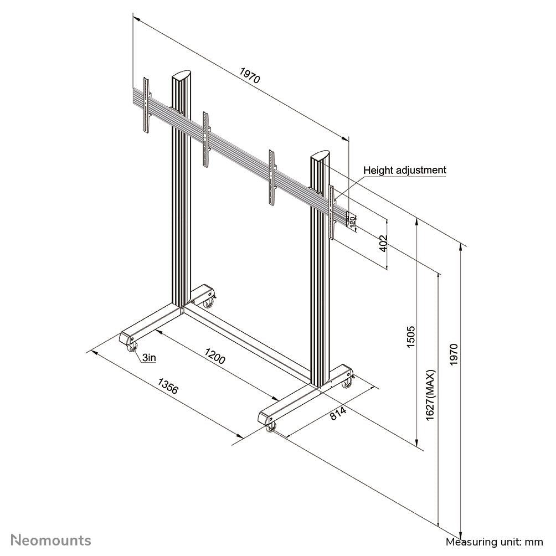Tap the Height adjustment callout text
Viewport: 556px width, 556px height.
coord(404,170)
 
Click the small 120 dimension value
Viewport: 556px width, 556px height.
coord(352,221)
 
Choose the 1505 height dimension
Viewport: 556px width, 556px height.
coord(410,337)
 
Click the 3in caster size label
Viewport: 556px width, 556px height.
coord(148,358)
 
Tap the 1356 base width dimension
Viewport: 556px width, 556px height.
coord(168,385)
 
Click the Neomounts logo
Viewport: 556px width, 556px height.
coord(52,540)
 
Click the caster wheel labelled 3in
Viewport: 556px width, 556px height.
coord(131,348)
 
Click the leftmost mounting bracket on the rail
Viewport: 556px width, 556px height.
coord(147,105)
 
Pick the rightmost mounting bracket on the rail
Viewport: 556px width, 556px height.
coord(332,212)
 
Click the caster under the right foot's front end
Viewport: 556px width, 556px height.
coord(271,427)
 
